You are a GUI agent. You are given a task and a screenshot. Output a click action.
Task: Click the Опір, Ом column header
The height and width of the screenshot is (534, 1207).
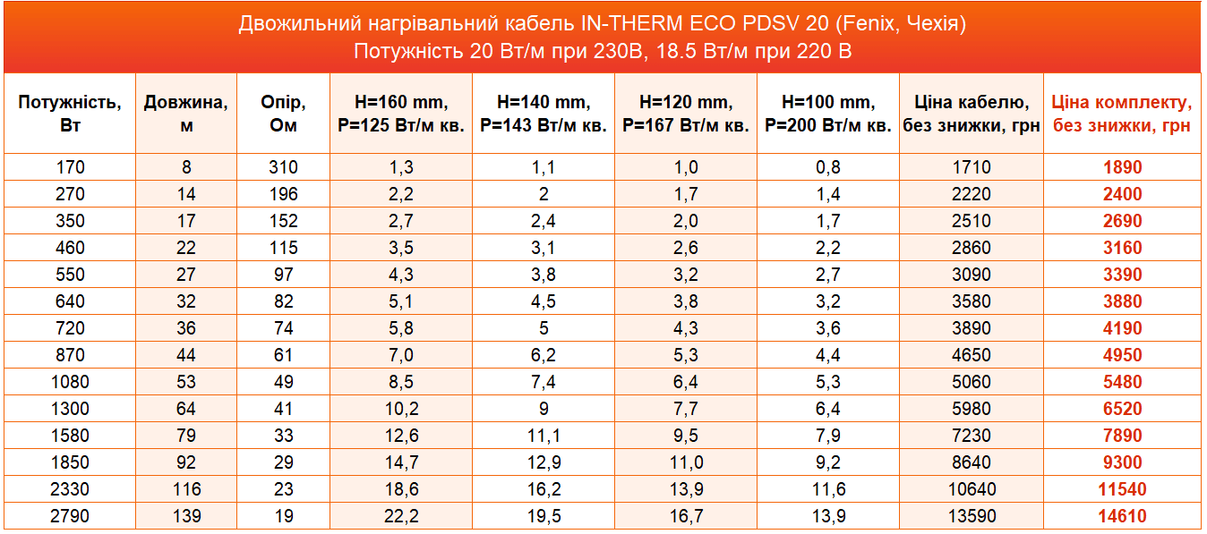pyautogui.click(x=283, y=114)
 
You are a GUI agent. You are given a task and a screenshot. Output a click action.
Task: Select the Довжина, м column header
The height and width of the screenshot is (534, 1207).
pyautogui.click(x=186, y=114)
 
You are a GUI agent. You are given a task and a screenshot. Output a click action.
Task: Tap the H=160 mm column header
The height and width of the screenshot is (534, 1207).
pyautogui.click(x=401, y=114)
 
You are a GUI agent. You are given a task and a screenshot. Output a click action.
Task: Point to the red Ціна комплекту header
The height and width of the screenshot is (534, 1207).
pyautogui.click(x=1122, y=114)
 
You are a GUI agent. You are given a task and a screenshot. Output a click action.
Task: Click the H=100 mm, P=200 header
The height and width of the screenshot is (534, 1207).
pyautogui.click(x=828, y=114)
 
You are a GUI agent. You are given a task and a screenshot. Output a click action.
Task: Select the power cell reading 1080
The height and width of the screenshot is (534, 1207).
pyautogui.click(x=70, y=382)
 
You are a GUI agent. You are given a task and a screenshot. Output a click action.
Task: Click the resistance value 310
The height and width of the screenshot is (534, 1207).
pyautogui.click(x=283, y=167)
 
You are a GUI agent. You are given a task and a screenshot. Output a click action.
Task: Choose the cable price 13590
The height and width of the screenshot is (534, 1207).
pyautogui.click(x=972, y=516)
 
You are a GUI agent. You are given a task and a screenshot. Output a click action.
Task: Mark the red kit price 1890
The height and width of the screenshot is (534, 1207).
pyautogui.click(x=1123, y=167)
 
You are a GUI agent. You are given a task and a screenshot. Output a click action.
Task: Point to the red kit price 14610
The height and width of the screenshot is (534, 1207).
pyautogui.click(x=1123, y=516)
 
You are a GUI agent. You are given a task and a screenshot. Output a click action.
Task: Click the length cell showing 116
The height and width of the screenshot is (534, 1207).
pyautogui.click(x=186, y=488)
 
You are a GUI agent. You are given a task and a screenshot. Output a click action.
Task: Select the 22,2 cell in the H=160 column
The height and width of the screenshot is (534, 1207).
pyautogui.click(x=401, y=516)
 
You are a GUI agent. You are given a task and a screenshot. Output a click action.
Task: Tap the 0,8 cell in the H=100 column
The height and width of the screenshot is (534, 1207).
pyautogui.click(x=828, y=167)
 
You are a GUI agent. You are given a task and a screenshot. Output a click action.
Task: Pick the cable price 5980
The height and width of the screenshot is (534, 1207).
pyautogui.click(x=972, y=409)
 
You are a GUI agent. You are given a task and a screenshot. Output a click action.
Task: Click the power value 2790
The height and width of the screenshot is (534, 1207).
pyautogui.click(x=70, y=516)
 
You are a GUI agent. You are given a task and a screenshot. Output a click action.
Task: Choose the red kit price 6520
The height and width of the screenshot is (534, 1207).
pyautogui.click(x=1123, y=409)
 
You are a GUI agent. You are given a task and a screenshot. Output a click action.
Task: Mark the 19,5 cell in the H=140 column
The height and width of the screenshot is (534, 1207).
pyautogui.click(x=544, y=516)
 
